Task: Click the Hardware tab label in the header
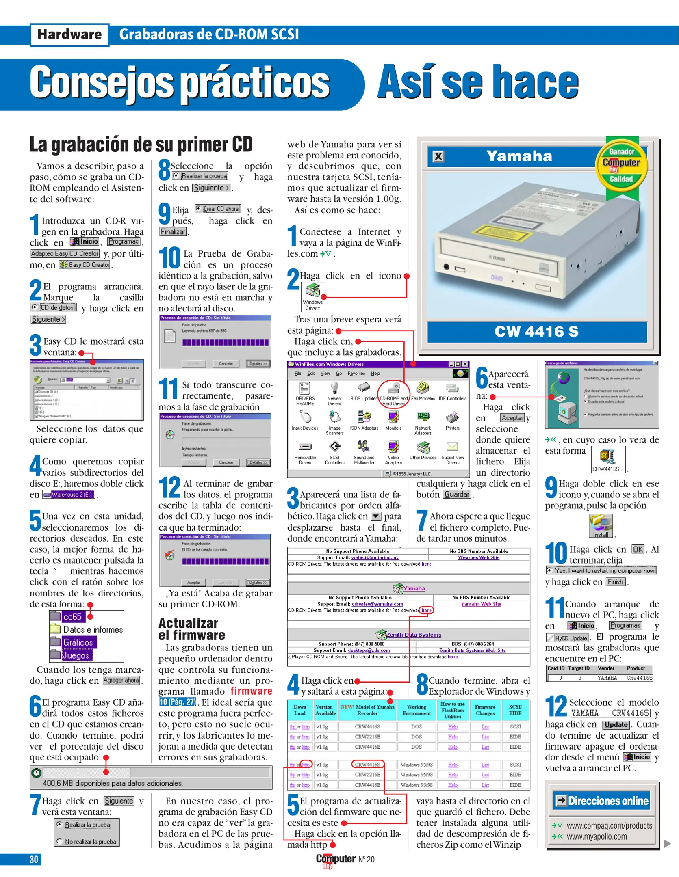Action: [69, 35]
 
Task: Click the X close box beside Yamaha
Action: [438, 156]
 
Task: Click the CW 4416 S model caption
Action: [536, 332]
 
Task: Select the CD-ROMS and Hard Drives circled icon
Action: [393, 393]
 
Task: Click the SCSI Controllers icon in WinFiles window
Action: [334, 451]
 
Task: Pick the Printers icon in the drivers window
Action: [452, 421]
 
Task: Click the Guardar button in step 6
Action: [457, 495]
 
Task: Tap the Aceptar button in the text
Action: [512, 418]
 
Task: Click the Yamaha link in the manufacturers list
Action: [414, 588]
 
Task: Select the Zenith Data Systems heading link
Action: [413, 635]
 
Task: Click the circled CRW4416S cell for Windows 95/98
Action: [367, 765]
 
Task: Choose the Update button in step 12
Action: [616, 725]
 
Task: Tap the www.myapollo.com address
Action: [597, 837]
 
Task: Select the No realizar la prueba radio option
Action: [87, 842]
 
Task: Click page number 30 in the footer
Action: [34, 860]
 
